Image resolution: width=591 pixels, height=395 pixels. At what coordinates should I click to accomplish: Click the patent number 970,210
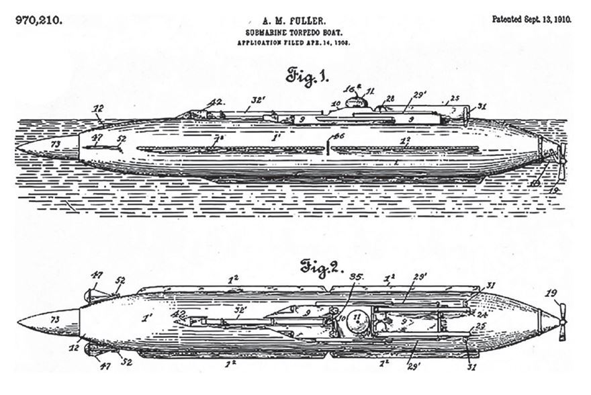pyautogui.click(x=38, y=19)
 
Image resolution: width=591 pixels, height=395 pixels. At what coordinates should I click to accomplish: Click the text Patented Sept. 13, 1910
pyautogui.click(x=531, y=19)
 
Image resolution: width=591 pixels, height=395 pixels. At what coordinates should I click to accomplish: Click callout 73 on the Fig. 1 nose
pyautogui.click(x=56, y=144)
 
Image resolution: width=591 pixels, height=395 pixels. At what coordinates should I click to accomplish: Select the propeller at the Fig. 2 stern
pyautogui.click(x=561, y=321)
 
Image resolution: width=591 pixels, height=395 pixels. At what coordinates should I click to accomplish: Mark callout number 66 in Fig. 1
pyautogui.click(x=340, y=137)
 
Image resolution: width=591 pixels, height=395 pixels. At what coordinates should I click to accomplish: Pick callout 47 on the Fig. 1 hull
pyautogui.click(x=97, y=137)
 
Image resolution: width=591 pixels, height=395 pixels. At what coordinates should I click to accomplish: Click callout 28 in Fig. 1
pyautogui.click(x=389, y=99)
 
